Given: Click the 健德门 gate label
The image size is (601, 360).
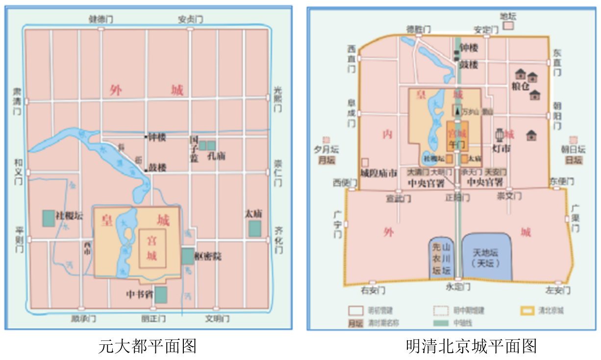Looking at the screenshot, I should point(100,19).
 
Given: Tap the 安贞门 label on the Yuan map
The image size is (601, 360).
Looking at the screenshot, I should point(191,19).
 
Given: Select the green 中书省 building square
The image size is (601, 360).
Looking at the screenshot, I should point(161,295).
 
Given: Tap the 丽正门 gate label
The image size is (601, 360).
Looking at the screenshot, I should point(153,319).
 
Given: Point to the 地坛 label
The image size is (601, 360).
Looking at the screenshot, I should point(508,16).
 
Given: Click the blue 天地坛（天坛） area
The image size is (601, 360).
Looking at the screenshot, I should point(486,257).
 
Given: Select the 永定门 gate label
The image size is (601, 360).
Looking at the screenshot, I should point(458,286).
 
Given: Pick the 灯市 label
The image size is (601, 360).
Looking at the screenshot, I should point(501,148).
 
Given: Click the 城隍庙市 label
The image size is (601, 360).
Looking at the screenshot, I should point(378,173).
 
